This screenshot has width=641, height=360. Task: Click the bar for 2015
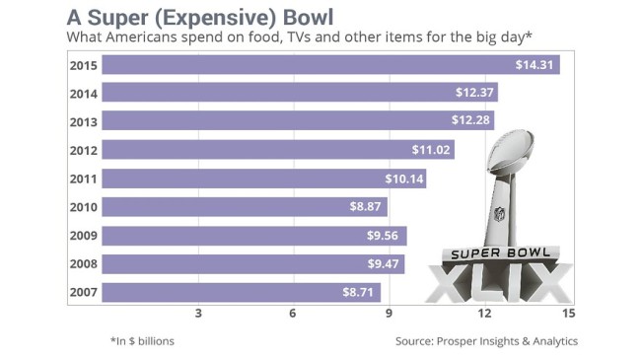[330, 65]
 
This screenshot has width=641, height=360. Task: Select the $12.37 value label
[474, 92]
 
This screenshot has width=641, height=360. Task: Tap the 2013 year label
[84, 122]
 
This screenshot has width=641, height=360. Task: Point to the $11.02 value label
[431, 150]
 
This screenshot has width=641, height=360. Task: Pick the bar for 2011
[264, 179]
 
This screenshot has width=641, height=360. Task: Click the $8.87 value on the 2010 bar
[365, 206]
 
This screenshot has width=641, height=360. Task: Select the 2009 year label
[84, 235]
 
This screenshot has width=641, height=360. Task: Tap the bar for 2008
[253, 264]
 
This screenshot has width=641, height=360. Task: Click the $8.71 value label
[358, 292]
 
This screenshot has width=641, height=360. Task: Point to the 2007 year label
[84, 292]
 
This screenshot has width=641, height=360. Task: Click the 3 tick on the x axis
[198, 314]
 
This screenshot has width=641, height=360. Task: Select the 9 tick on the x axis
[389, 314]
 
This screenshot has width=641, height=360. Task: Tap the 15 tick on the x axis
[569, 314]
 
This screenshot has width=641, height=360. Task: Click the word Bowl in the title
[308, 17]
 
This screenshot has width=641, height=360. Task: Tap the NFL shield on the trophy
[500, 214]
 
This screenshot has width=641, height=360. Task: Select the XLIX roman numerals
[500, 282]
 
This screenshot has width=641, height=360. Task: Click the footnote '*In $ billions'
[142, 341]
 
